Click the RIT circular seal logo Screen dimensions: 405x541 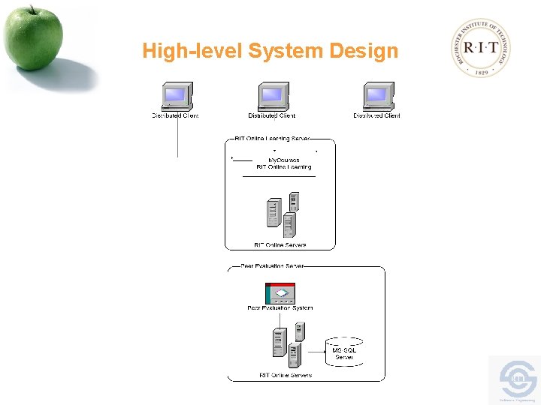(482, 47)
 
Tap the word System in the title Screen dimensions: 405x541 (286, 52)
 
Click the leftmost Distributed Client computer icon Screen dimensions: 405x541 (176, 97)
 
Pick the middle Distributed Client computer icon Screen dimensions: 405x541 (272, 97)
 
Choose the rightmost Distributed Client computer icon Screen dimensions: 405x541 (377, 97)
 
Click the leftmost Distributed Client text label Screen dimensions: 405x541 (176, 115)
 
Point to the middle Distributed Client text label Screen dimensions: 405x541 (272, 115)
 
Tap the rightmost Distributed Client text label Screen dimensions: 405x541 (377, 115)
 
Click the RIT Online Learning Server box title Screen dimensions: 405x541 (272, 139)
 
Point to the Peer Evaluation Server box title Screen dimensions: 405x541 (272, 266)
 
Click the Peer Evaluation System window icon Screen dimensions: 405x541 (280, 293)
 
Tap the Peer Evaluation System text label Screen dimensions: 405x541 (280, 308)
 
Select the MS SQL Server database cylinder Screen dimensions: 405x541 (344, 352)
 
